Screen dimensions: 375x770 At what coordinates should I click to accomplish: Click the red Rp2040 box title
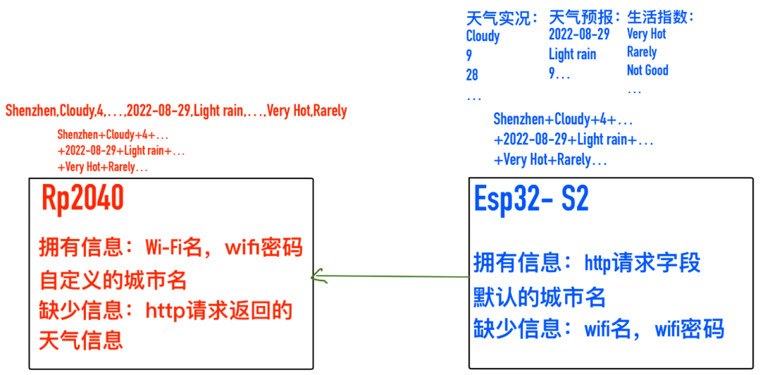pyautogui.click(x=83, y=200)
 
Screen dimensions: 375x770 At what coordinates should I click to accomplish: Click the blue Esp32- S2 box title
pyautogui.click(x=531, y=200)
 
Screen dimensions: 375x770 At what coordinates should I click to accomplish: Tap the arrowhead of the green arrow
pyautogui.click(x=316, y=276)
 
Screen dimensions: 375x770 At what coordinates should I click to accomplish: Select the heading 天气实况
pyautogui.click(x=502, y=17)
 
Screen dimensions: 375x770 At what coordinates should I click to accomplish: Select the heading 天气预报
pyautogui.click(x=584, y=17)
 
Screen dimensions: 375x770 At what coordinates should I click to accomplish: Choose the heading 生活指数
pyautogui.click(x=660, y=17)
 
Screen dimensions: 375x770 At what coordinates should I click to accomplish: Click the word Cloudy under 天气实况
pyautogui.click(x=483, y=36)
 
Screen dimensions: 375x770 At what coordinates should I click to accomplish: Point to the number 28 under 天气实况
pyautogui.click(x=473, y=75)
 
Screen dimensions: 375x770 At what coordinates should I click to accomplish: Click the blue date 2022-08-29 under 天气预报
pyautogui.click(x=579, y=35)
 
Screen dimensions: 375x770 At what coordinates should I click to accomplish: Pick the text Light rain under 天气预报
pyautogui.click(x=572, y=54)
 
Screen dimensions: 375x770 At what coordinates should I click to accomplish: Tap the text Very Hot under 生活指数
pyautogui.click(x=646, y=34)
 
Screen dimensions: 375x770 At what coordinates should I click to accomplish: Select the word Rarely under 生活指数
pyautogui.click(x=642, y=52)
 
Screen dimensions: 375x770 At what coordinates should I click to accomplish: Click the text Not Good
pyautogui.click(x=647, y=70)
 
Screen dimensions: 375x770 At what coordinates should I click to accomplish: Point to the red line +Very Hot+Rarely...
pyautogui.click(x=103, y=167)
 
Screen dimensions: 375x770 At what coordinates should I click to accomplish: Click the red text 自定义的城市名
pyautogui.click(x=113, y=281)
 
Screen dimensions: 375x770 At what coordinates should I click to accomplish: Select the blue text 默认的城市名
pyautogui.click(x=539, y=297)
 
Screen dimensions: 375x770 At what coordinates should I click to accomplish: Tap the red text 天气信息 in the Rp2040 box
pyautogui.click(x=81, y=340)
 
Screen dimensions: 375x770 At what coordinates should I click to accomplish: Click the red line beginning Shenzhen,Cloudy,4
pyautogui.click(x=176, y=111)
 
